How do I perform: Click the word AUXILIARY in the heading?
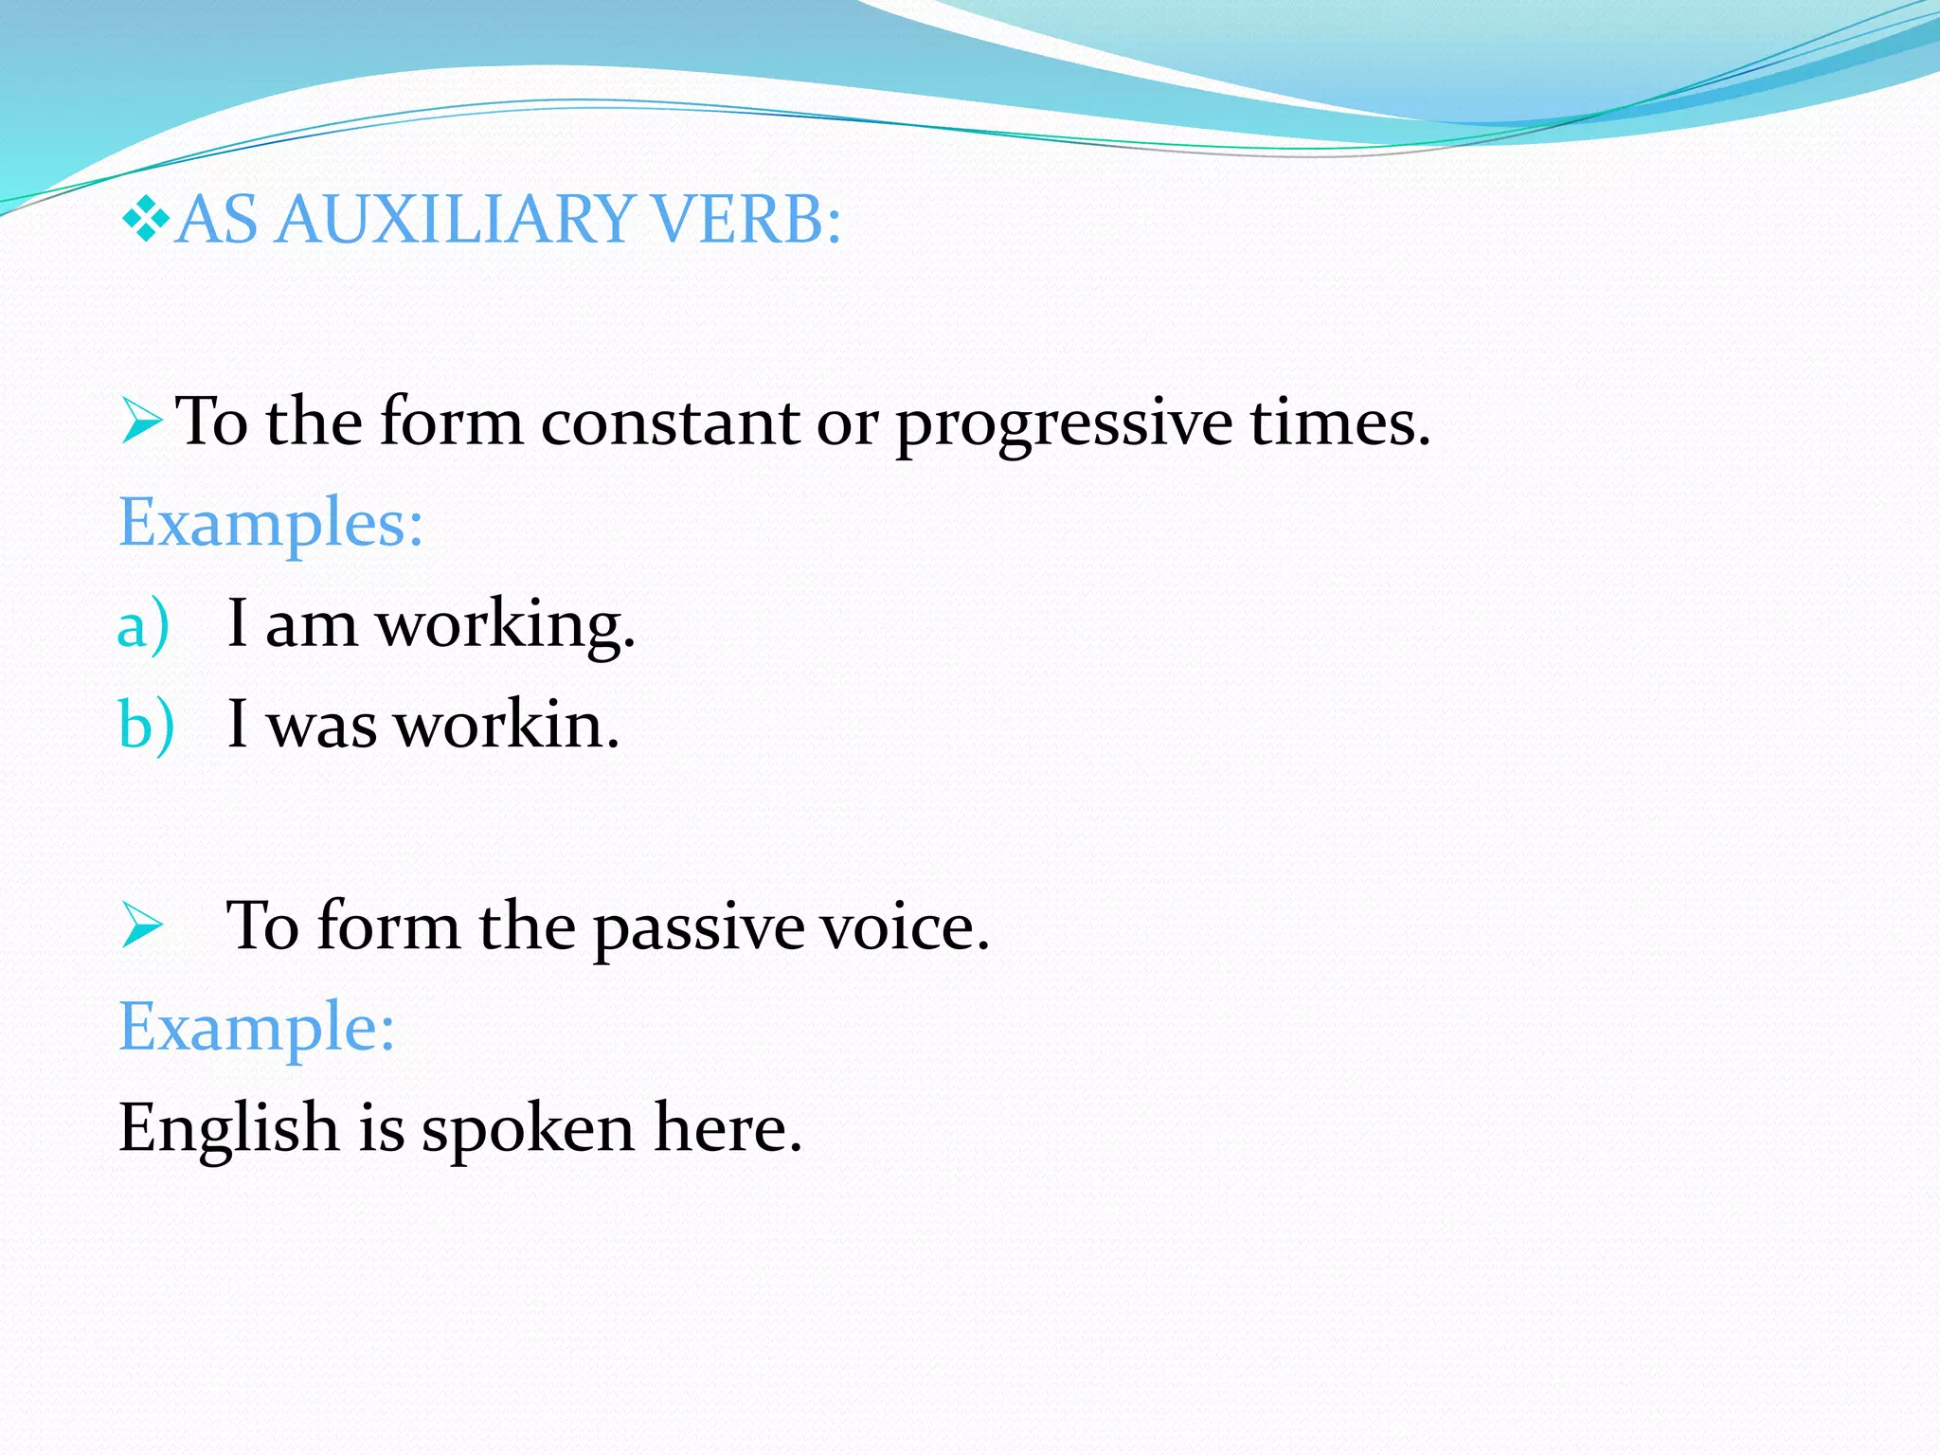pyautogui.click(x=455, y=220)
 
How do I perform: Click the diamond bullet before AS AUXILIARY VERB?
pyautogui.click(x=145, y=218)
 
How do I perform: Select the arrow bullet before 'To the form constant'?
pyautogui.click(x=142, y=422)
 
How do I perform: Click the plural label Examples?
pyautogui.click(x=270, y=524)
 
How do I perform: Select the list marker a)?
pyautogui.click(x=143, y=626)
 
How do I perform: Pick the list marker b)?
pyautogui.click(x=146, y=727)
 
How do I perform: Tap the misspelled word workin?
pyautogui.click(x=506, y=727)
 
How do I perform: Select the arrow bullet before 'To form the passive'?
pyautogui.click(x=142, y=926)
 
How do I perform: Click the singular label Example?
pyautogui.click(x=256, y=1028)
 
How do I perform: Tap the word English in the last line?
pyautogui.click(x=228, y=1129)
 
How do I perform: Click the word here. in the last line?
pyautogui.click(x=727, y=1129)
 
